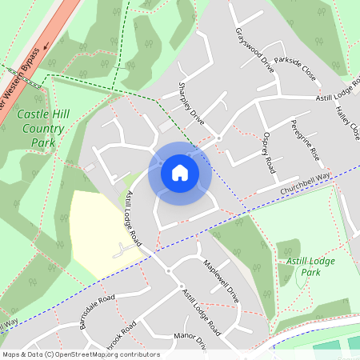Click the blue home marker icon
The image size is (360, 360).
coord(180,172)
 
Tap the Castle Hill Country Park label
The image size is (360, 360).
coord(41,129)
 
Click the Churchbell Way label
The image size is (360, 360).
coord(305,185)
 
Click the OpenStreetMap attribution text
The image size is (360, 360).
coord(81,354)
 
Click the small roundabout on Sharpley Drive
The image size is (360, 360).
coord(218,138)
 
